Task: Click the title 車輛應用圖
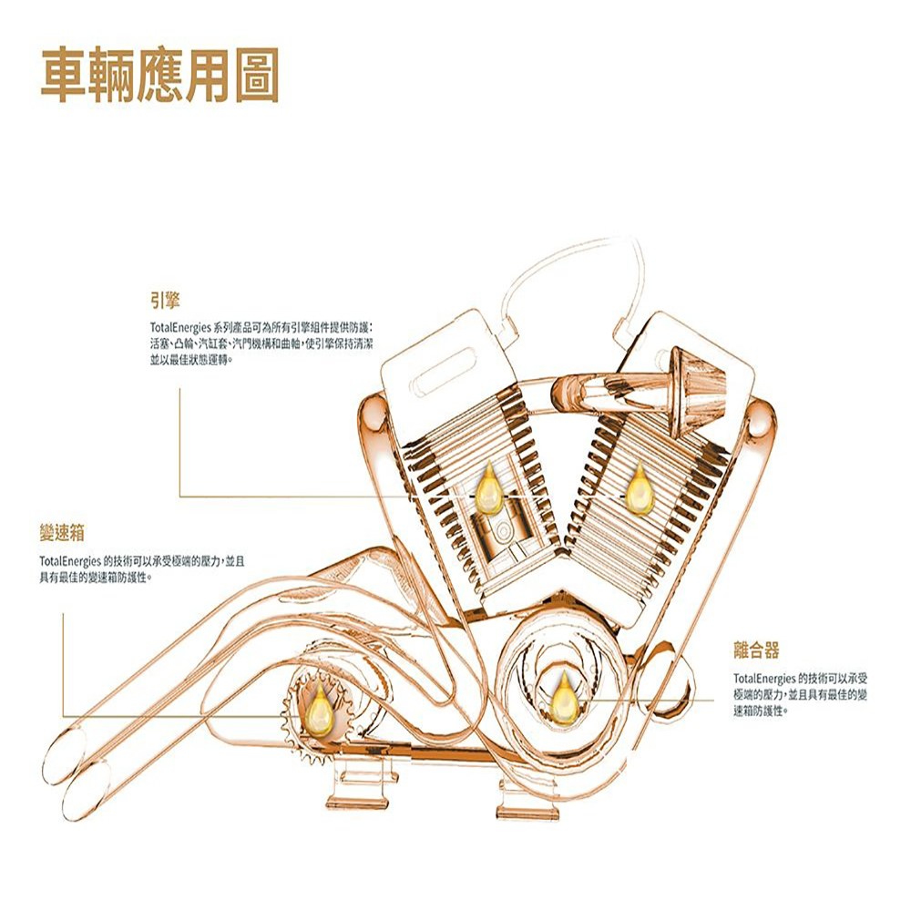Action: click(159, 74)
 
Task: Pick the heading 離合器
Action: click(756, 650)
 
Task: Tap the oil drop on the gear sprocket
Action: click(320, 709)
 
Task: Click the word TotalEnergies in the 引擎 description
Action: click(180, 325)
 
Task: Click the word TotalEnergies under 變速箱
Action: click(69, 559)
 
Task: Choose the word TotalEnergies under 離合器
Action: click(763, 679)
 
